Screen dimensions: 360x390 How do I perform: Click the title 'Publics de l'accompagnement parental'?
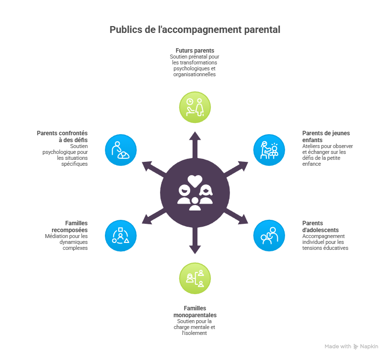point(195,30)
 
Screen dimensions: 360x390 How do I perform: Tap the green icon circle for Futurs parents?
point(195,107)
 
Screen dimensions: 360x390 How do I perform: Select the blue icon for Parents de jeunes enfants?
point(269,150)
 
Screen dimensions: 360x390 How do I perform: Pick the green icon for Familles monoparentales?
point(195,278)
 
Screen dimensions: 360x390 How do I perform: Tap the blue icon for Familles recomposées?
point(121,235)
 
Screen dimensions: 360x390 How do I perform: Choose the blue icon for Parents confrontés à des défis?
point(121,150)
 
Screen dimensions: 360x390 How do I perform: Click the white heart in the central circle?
point(195,180)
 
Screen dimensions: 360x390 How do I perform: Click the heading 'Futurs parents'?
point(195,51)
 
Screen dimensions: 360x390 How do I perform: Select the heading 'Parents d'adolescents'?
point(320,226)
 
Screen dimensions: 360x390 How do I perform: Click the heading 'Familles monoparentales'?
point(195,311)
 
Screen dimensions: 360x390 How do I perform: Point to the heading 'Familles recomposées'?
point(70,226)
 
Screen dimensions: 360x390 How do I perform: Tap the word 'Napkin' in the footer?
point(369,347)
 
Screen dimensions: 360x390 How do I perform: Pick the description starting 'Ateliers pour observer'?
point(327,155)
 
